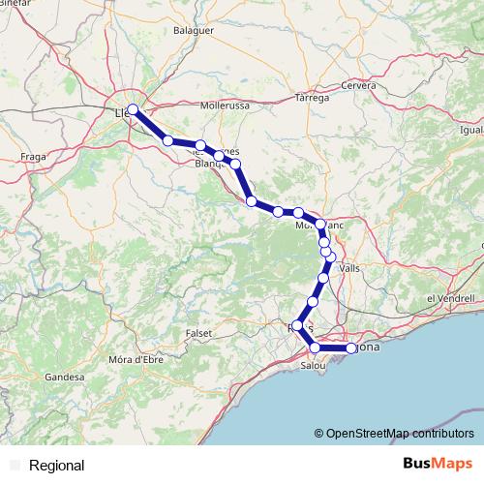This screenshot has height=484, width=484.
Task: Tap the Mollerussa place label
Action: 225,104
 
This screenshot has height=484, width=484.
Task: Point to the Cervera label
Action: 357,85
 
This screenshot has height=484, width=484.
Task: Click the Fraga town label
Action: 36,155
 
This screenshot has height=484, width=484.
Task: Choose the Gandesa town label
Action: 64,376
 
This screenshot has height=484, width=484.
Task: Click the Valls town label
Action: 350,268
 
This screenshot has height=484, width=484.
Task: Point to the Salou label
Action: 314,366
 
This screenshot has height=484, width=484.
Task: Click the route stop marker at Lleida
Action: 133,109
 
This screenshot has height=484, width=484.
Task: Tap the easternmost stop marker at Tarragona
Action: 351,348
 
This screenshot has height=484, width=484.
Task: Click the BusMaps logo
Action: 439,464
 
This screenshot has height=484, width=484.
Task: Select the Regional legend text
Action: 57,466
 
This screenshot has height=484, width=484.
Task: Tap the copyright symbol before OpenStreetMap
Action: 320,433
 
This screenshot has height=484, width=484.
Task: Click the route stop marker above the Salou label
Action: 315,348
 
